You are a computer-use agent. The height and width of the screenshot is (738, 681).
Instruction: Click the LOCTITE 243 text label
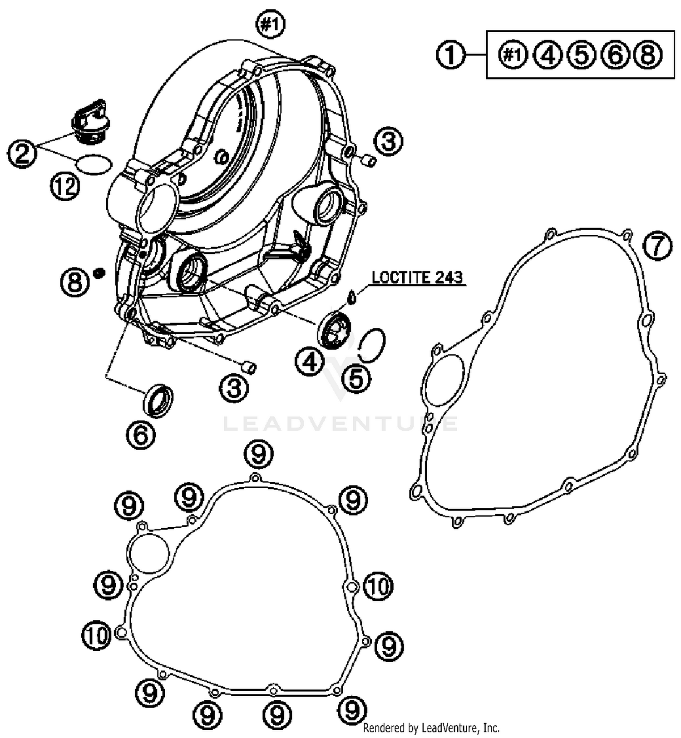coord(417,277)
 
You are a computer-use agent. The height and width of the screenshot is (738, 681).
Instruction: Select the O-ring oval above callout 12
coord(94,164)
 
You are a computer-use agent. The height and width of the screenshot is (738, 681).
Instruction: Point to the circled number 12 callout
coord(64,186)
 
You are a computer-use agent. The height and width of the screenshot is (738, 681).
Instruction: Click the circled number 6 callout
coord(141,435)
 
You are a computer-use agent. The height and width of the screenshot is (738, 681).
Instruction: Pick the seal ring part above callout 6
coord(158,400)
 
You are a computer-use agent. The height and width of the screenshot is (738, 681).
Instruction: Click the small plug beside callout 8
coord(99,273)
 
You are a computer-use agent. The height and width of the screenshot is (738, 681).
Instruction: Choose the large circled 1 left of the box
coord(451,55)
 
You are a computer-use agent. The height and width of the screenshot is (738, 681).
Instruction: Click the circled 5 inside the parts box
coord(582,55)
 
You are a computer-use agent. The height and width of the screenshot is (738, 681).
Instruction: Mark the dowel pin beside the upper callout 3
coord(369,160)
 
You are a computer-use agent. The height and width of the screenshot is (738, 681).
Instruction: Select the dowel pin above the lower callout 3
coord(248,367)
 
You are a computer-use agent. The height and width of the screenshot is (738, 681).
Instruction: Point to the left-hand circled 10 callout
coord(97,636)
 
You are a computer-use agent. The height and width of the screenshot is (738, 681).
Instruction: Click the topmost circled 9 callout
coord(259,454)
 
